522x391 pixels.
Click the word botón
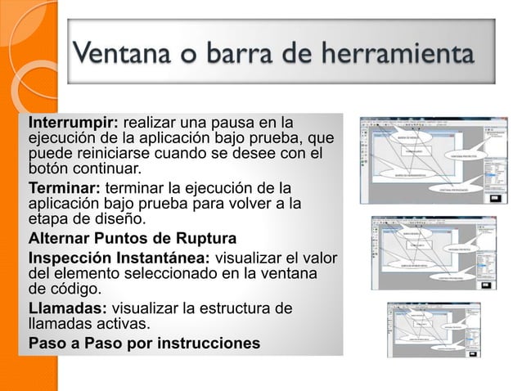(x=51, y=170)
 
